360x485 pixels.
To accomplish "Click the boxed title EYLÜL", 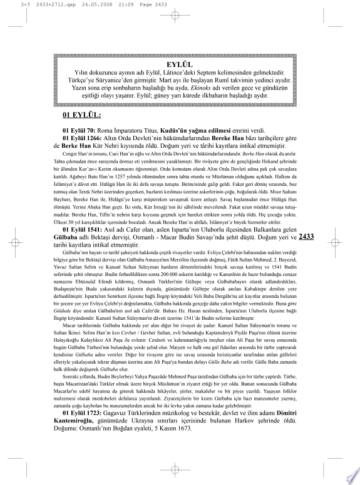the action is coord(180,64).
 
